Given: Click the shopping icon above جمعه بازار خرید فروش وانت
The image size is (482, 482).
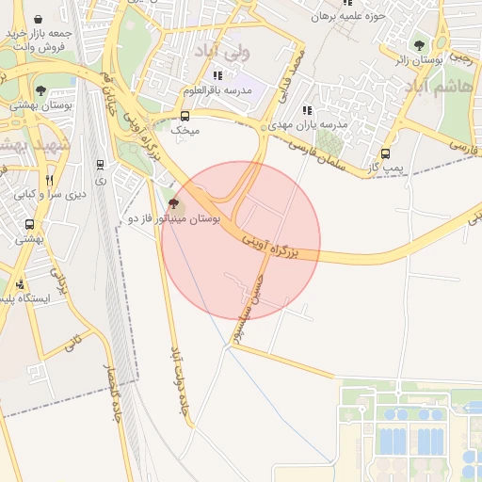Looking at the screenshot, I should pyautogui.click(x=37, y=19).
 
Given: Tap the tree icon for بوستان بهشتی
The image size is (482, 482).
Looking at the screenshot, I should pyautogui.click(x=40, y=90).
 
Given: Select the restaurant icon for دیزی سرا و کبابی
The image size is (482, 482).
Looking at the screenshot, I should pyautogui.click(x=49, y=179).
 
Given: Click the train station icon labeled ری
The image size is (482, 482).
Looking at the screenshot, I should pyautogui.click(x=101, y=165).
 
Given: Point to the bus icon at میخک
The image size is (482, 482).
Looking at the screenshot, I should pyautogui.click(x=185, y=116).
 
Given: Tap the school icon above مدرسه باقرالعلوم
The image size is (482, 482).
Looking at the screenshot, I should pyautogui.click(x=218, y=75).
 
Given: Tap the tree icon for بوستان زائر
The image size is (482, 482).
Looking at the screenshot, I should pyautogui.click(x=419, y=44).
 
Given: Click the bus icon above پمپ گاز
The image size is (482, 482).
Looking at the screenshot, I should pyautogui.click(x=385, y=153).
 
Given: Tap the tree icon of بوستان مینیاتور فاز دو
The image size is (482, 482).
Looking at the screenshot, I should pyautogui.click(x=172, y=203).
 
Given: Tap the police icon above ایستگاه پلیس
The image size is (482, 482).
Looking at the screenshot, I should pyautogui.click(x=22, y=284).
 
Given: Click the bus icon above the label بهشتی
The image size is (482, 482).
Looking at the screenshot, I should pyautogui.click(x=31, y=225).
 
